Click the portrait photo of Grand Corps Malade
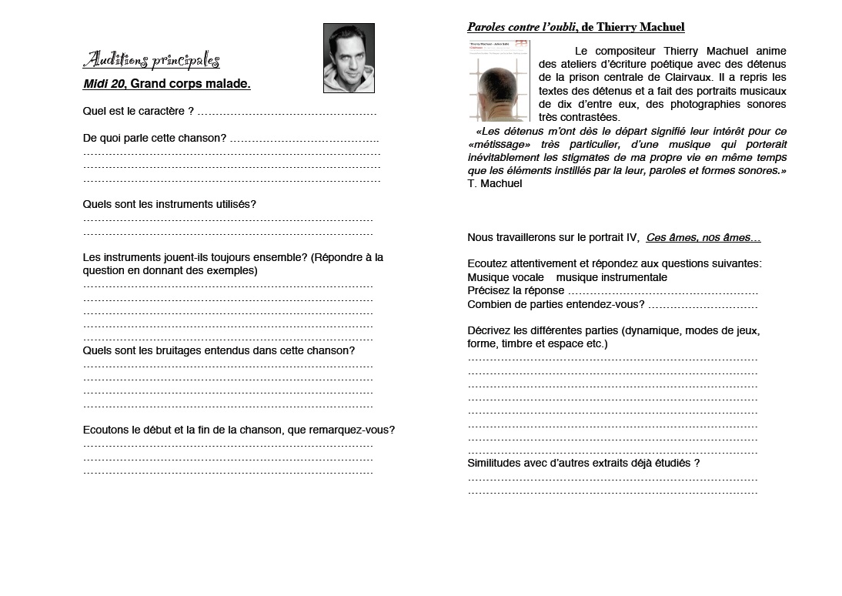349,58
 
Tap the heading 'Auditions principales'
151,60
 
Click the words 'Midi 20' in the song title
103,84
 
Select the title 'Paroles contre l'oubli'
521,28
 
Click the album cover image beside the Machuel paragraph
499,81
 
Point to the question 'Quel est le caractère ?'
138,112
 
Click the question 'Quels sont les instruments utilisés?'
169,204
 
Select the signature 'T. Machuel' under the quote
495,183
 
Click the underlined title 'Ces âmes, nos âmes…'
703,238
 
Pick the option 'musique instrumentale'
612,277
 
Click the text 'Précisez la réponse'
516,291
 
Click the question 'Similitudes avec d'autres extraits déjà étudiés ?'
583,463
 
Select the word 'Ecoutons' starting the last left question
105,430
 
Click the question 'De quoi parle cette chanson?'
154,138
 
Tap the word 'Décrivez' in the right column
488,330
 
